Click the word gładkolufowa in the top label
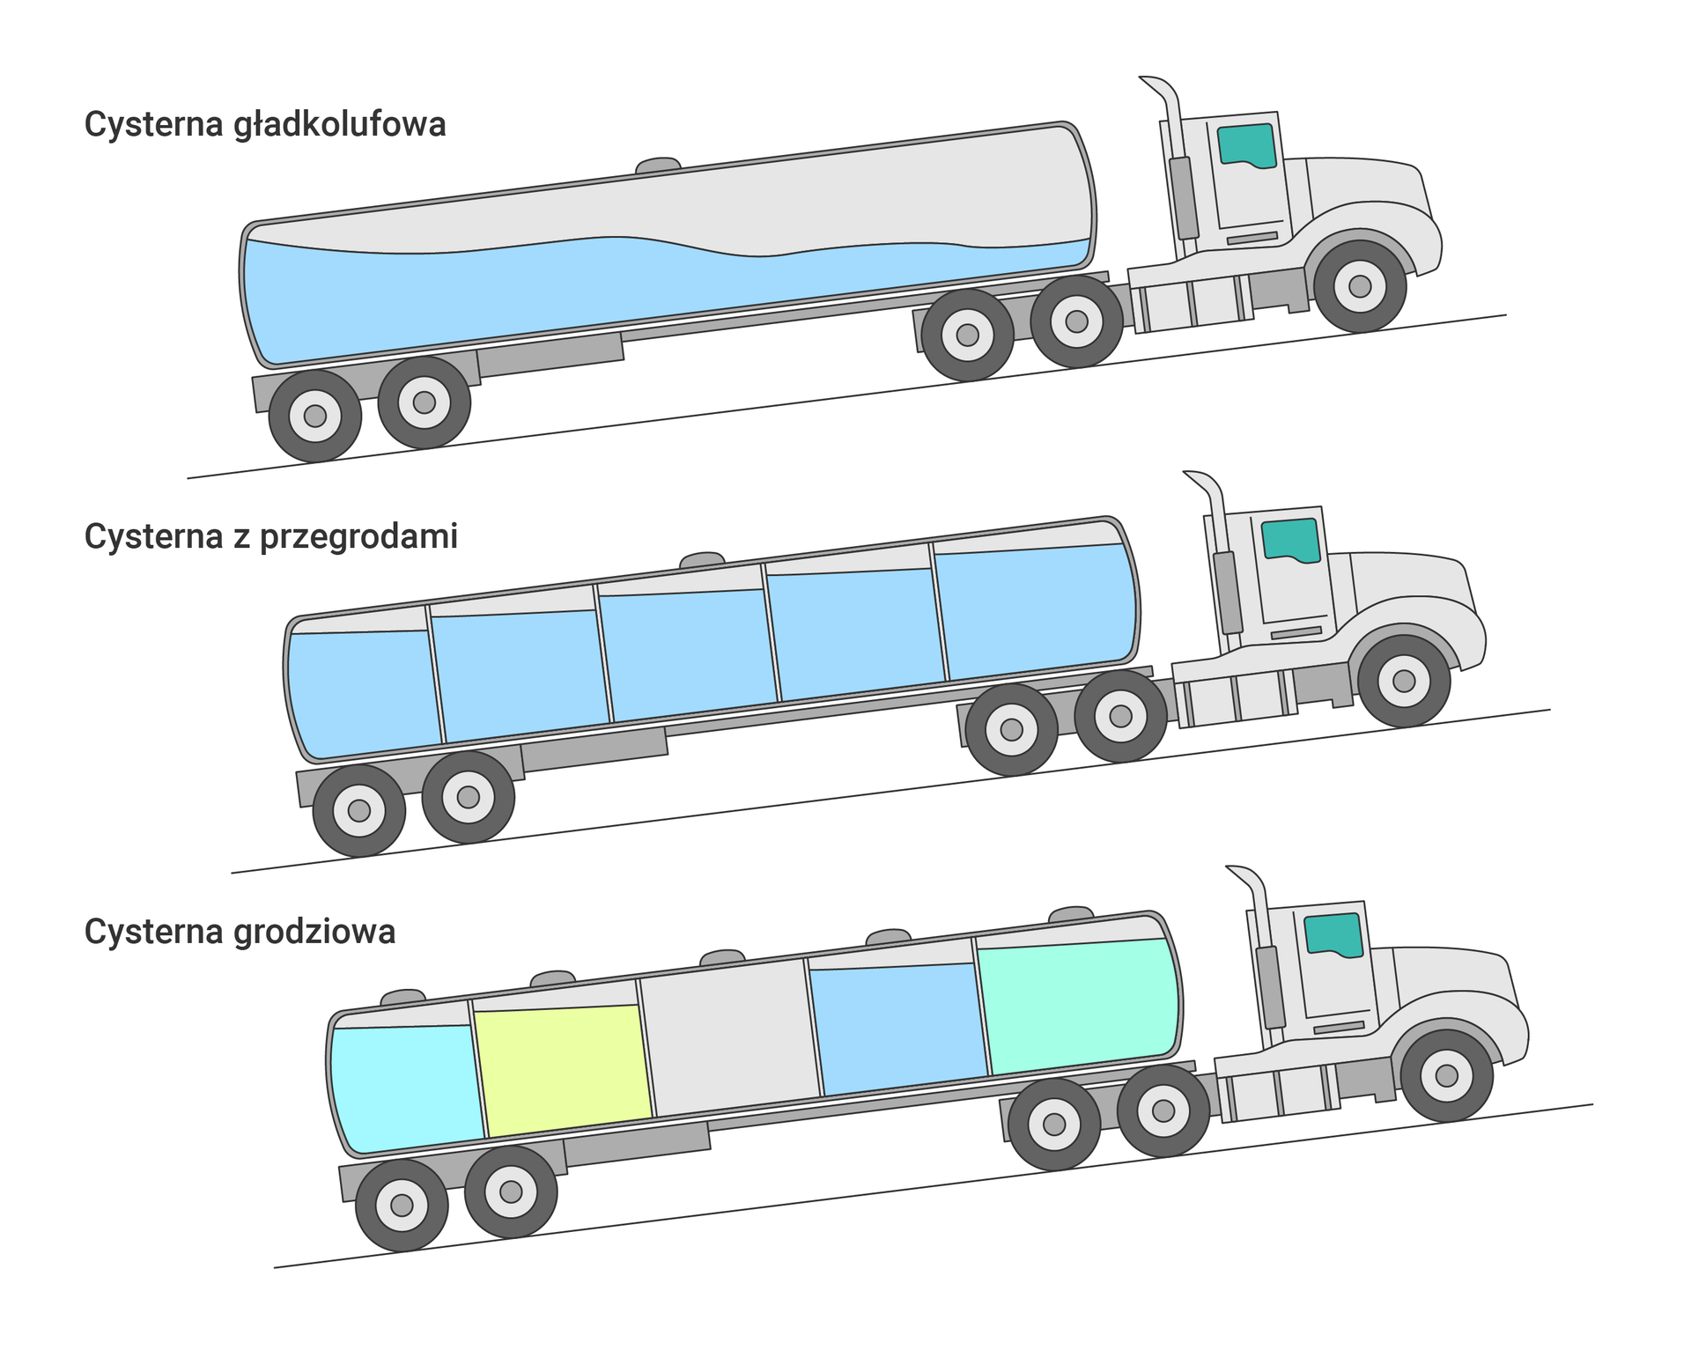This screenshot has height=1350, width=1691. coord(340,125)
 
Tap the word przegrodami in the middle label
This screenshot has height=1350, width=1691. coord(358,537)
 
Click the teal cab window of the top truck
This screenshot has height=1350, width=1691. coord(1247,144)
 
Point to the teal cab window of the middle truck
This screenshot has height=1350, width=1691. coord(1291,539)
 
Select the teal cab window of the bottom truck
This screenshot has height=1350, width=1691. coord(1333,933)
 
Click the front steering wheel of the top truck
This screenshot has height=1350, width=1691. coord(1360,286)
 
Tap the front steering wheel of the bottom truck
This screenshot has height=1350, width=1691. coord(1446,1075)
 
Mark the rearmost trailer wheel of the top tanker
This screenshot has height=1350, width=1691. coord(315,416)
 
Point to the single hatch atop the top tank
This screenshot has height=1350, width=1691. coord(658,166)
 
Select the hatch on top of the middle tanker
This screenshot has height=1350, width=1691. coord(702,560)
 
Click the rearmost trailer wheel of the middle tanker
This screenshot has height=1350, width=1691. coord(359,810)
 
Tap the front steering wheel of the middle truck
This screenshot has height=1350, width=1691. coord(1404,681)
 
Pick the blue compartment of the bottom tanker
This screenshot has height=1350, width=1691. coord(898,1029)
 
